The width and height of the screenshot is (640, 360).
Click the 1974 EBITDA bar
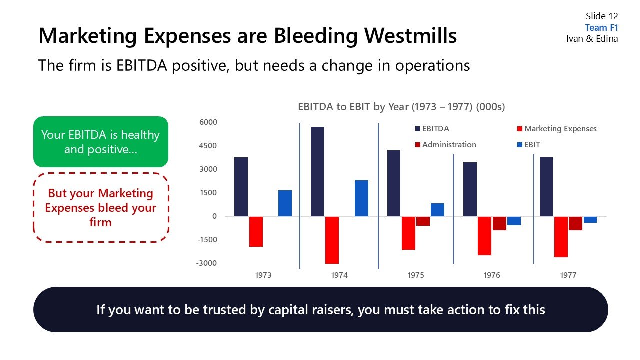click(317, 171)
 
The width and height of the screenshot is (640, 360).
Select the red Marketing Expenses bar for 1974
click(332, 240)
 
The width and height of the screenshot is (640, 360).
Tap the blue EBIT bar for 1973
click(285, 203)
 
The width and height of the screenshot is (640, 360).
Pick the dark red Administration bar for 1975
click(423, 221)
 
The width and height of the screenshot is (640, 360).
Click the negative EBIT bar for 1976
click(514, 221)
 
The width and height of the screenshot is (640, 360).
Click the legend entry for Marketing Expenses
click(560, 129)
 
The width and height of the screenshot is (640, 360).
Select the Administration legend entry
click(449, 145)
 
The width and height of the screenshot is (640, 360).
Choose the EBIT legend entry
click(532, 145)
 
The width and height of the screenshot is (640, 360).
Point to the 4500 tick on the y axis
click(208, 146)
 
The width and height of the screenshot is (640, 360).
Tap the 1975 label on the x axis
click(416, 275)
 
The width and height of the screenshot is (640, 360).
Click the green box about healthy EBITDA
click(101, 142)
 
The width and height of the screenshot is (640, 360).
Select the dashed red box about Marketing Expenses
click(101, 208)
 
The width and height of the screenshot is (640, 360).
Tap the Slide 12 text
click(602, 16)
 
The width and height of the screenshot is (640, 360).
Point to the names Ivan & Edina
click(592, 39)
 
